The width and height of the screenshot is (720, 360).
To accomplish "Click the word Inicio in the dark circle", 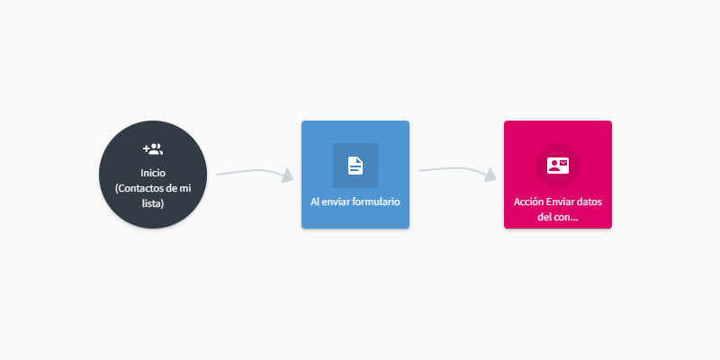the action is [153, 173].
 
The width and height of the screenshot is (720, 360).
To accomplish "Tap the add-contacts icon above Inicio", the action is [153, 148].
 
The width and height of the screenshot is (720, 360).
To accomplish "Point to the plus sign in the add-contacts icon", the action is [146, 148].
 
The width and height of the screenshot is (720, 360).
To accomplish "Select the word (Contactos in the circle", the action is [138, 188].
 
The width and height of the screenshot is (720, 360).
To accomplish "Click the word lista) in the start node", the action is [153, 203].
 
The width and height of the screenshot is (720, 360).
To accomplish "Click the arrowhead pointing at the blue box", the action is [287, 175].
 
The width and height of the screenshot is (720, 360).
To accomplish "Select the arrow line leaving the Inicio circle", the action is [250, 172].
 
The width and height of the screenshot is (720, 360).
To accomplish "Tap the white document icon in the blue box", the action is [355, 166].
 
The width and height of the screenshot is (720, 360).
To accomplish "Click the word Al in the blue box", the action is [314, 202].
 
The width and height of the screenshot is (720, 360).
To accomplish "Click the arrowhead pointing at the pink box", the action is [490, 175].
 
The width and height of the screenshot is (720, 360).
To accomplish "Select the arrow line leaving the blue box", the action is [454, 169].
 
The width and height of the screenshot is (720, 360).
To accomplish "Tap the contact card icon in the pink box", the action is [558, 166].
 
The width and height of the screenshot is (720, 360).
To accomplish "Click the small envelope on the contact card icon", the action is [563, 162].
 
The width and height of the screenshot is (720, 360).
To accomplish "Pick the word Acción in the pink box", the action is [528, 202].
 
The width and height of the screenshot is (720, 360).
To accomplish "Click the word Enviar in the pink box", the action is [559, 202].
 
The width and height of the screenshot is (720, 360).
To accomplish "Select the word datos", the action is [589, 202].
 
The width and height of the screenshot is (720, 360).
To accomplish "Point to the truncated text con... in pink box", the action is [566, 217].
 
